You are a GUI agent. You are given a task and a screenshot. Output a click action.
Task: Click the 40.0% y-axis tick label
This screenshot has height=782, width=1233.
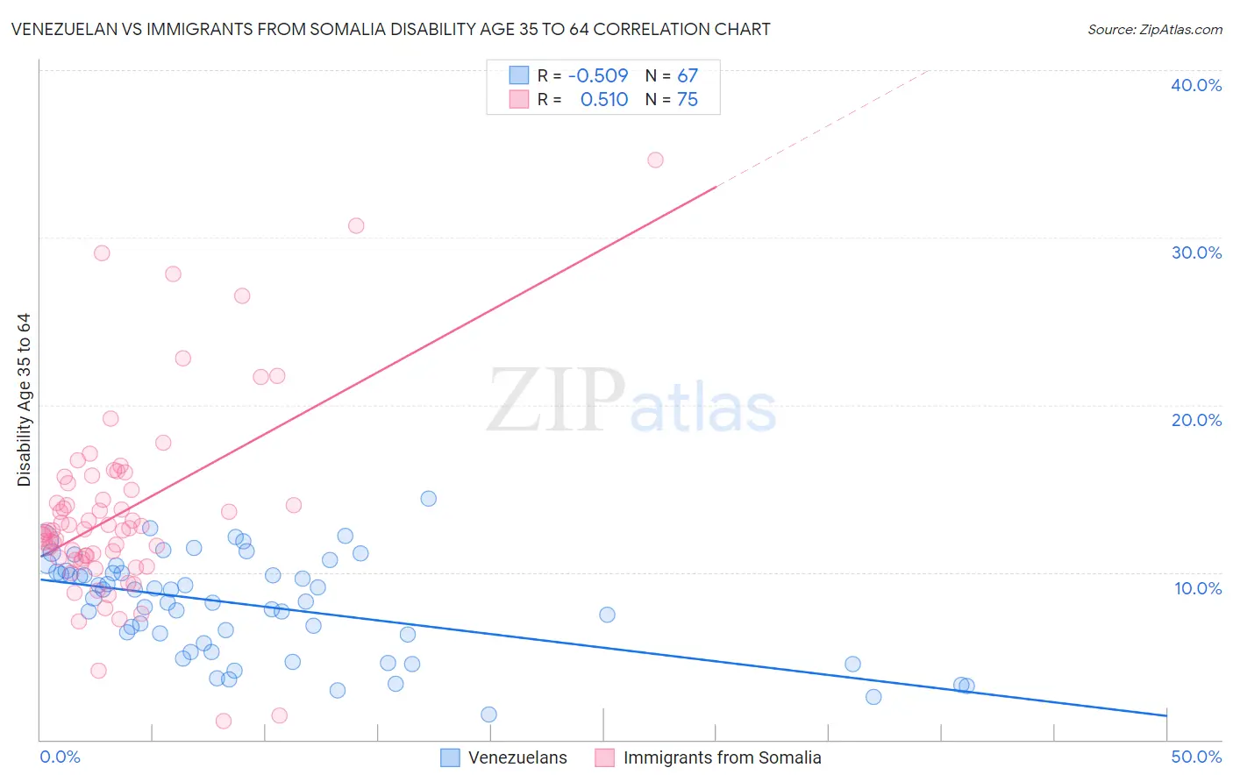tap(1196, 85)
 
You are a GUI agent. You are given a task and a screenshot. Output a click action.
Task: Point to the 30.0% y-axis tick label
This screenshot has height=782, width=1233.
tap(1196, 252)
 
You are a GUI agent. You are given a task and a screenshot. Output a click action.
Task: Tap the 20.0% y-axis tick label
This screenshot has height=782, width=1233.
tap(1196, 420)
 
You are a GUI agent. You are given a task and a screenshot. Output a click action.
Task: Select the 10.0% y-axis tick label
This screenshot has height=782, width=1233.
tap(1198, 588)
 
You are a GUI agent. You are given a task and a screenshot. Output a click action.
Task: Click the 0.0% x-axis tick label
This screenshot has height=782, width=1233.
tap(60, 757)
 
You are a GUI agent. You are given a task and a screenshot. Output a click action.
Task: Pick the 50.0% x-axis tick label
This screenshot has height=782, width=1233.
tap(1196, 757)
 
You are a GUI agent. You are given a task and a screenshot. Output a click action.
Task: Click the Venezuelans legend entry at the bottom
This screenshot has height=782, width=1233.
tap(517, 757)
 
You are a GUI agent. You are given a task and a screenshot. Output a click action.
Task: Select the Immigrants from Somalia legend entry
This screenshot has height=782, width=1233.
tap(721, 757)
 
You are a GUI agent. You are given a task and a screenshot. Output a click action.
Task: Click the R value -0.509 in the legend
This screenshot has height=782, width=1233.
tap(598, 75)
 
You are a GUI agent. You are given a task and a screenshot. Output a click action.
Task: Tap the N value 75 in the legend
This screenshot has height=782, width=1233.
tap(688, 100)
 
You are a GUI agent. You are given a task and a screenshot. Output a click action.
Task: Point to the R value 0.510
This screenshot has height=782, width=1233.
tap(604, 100)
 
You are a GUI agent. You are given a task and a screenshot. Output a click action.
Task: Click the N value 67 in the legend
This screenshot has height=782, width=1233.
tap(688, 75)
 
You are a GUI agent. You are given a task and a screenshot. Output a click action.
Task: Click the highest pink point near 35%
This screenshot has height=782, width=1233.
tap(655, 160)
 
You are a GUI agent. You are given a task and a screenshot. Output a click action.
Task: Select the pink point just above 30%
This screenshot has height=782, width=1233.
tap(356, 225)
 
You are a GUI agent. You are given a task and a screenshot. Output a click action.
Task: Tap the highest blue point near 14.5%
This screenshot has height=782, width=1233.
tap(429, 498)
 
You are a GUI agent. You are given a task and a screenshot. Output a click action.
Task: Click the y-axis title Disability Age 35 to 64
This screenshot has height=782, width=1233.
tap(24, 400)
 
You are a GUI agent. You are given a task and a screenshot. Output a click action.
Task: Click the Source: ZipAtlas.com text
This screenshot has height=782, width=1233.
tap(1154, 30)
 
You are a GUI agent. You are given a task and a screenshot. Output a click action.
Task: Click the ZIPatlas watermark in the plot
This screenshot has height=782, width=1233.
tap(631, 402)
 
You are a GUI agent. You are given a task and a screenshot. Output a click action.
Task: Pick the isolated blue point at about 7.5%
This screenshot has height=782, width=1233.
tap(607, 615)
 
